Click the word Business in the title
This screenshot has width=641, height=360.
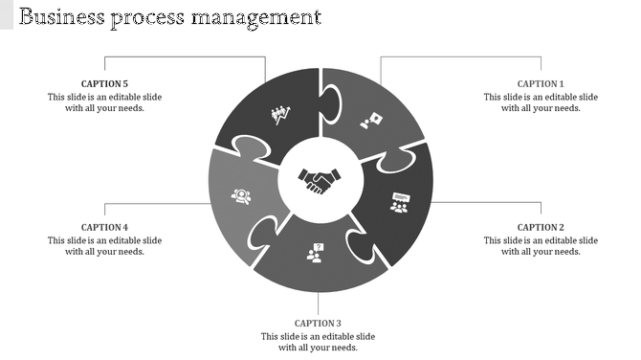coord(59,16)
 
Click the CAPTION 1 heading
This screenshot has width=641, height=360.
coord(541,84)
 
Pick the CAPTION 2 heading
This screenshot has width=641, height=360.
coord(541,228)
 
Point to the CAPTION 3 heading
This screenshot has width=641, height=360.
coord(318,324)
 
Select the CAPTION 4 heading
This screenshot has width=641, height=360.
coord(104,228)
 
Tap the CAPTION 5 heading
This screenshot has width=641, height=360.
coord(104,84)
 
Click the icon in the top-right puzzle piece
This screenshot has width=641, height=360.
coord(370,121)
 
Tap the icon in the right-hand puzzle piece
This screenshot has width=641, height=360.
coord(399,203)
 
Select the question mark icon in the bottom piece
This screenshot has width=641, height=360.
coord(315,252)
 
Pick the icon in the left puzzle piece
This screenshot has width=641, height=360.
coord(241,196)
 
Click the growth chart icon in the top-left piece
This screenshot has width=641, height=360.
coord(280,116)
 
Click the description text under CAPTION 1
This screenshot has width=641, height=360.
coord(541,102)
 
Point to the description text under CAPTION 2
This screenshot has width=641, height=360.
coord(541,246)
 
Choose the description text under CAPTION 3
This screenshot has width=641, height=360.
coord(318,342)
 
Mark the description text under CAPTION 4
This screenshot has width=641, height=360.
coord(104,246)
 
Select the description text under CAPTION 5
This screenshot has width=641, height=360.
coord(104,102)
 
